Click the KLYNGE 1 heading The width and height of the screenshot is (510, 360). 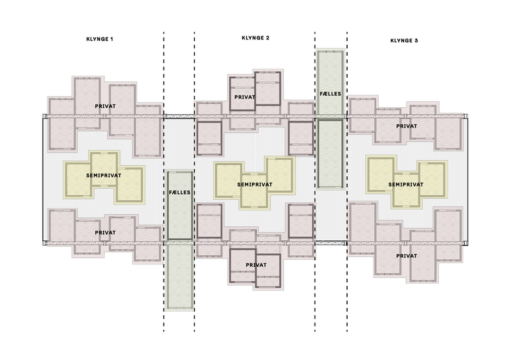[x=100, y=39]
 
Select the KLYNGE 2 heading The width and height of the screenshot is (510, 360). [x=256, y=38]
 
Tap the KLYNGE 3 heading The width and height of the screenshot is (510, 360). [x=404, y=41]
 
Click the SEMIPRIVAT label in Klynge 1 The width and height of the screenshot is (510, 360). [x=103, y=176]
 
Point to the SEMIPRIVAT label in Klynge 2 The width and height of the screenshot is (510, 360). [x=254, y=184]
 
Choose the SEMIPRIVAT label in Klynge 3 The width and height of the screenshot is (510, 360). [x=406, y=184]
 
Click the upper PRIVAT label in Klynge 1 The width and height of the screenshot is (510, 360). [x=105, y=106]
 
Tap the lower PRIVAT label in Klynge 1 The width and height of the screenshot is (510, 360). [x=105, y=233]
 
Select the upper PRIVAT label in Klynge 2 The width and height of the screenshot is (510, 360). [x=245, y=97]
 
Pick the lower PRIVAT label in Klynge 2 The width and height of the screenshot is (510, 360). [x=256, y=265]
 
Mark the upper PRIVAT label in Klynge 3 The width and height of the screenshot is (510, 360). [x=407, y=126]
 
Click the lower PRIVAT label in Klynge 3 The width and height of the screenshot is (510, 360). [x=407, y=256]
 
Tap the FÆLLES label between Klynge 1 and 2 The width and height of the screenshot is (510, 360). [x=180, y=192]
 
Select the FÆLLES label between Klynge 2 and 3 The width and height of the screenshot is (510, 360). [x=330, y=94]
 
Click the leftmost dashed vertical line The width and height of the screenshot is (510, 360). [x=164, y=182]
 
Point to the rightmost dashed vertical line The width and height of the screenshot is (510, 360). [x=347, y=182]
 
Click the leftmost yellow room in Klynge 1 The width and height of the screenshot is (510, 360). [x=78, y=179]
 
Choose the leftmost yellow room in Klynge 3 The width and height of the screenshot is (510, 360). [x=381, y=174]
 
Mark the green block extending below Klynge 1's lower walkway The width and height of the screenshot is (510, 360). [x=180, y=276]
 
